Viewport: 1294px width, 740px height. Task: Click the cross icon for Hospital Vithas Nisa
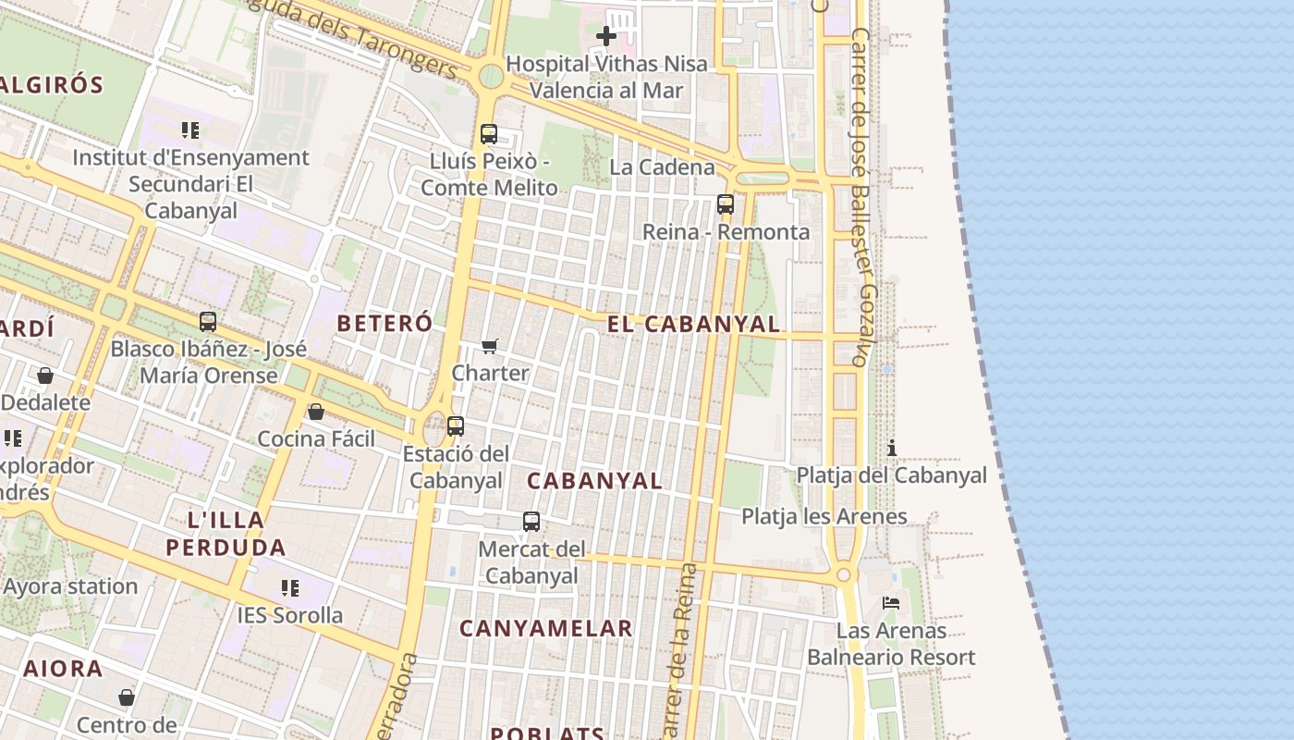point(606,36)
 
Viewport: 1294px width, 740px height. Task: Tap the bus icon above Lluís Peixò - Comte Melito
point(489,134)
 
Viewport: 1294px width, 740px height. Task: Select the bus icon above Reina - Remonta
point(726,204)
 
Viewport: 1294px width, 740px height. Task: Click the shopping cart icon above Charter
point(490,347)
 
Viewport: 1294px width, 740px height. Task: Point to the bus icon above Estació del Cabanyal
point(456,426)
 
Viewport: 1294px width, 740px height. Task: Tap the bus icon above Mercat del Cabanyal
point(531,522)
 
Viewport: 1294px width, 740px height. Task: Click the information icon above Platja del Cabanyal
point(892,449)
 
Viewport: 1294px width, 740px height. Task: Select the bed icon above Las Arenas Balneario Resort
point(891,603)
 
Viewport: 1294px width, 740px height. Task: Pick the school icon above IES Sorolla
point(290,587)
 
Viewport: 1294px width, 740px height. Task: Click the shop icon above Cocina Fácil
point(316,412)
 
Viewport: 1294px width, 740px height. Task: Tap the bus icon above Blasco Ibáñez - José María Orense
point(208,322)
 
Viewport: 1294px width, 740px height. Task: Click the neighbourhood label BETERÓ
point(385,323)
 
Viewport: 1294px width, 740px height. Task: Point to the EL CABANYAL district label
point(693,324)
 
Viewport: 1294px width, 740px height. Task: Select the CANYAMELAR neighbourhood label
point(546,628)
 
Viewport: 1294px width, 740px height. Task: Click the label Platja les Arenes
point(824,516)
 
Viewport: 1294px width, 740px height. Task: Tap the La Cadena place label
point(662,167)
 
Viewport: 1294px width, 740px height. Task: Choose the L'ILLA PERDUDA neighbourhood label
point(226,533)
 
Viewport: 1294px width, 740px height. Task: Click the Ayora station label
point(70,586)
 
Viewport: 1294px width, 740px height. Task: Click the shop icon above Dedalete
point(45,376)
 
